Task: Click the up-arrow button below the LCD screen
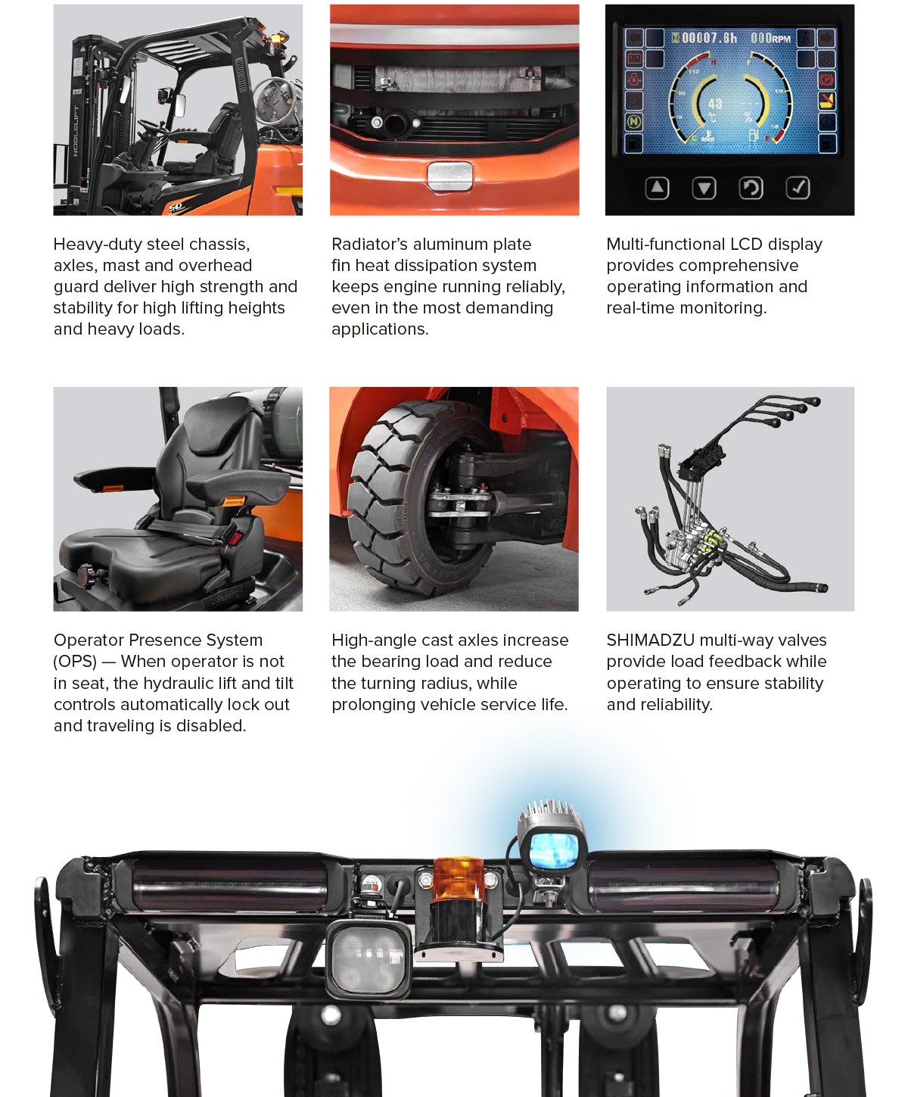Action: click(x=657, y=188)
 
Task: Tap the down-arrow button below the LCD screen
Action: click(x=704, y=188)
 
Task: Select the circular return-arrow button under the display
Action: click(x=751, y=188)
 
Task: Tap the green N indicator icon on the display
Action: click(x=634, y=122)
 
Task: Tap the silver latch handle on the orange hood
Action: click(x=450, y=176)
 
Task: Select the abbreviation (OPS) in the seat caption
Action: click(x=75, y=662)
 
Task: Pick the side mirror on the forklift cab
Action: click(x=179, y=105)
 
